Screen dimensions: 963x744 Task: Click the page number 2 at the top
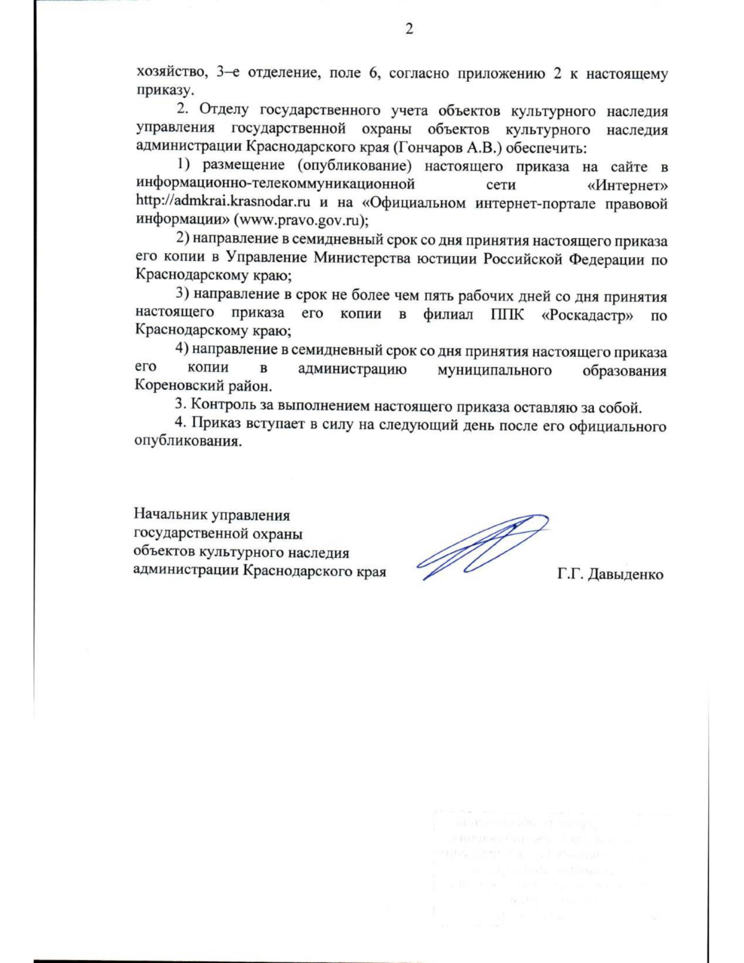point(409,29)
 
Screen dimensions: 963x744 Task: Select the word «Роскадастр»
point(587,314)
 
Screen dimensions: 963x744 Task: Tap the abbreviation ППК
point(507,314)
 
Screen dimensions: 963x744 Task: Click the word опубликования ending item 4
point(187,442)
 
